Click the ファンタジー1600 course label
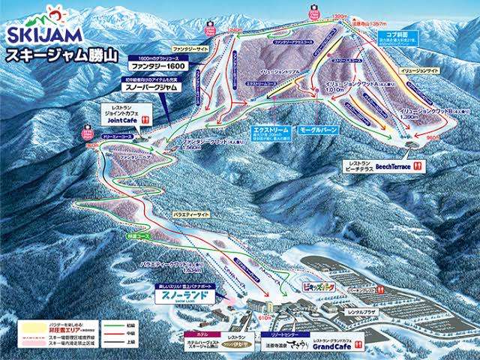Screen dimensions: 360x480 [161, 64]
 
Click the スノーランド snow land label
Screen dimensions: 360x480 [184, 295]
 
